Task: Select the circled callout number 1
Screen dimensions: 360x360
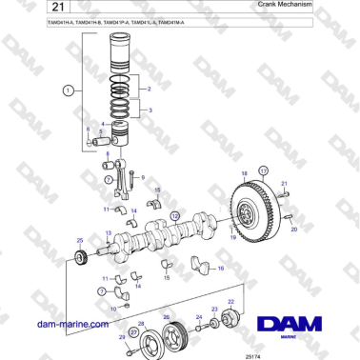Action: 68,90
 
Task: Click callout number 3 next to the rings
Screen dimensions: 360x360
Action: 149,110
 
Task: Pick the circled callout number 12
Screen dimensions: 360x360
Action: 175,216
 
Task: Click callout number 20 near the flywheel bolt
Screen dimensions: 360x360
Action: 293,230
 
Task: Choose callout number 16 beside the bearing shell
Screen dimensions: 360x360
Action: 221,269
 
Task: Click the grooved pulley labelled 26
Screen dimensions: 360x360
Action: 172,335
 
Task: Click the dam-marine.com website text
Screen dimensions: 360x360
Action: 71,325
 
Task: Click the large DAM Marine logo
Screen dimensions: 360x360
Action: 299,326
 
